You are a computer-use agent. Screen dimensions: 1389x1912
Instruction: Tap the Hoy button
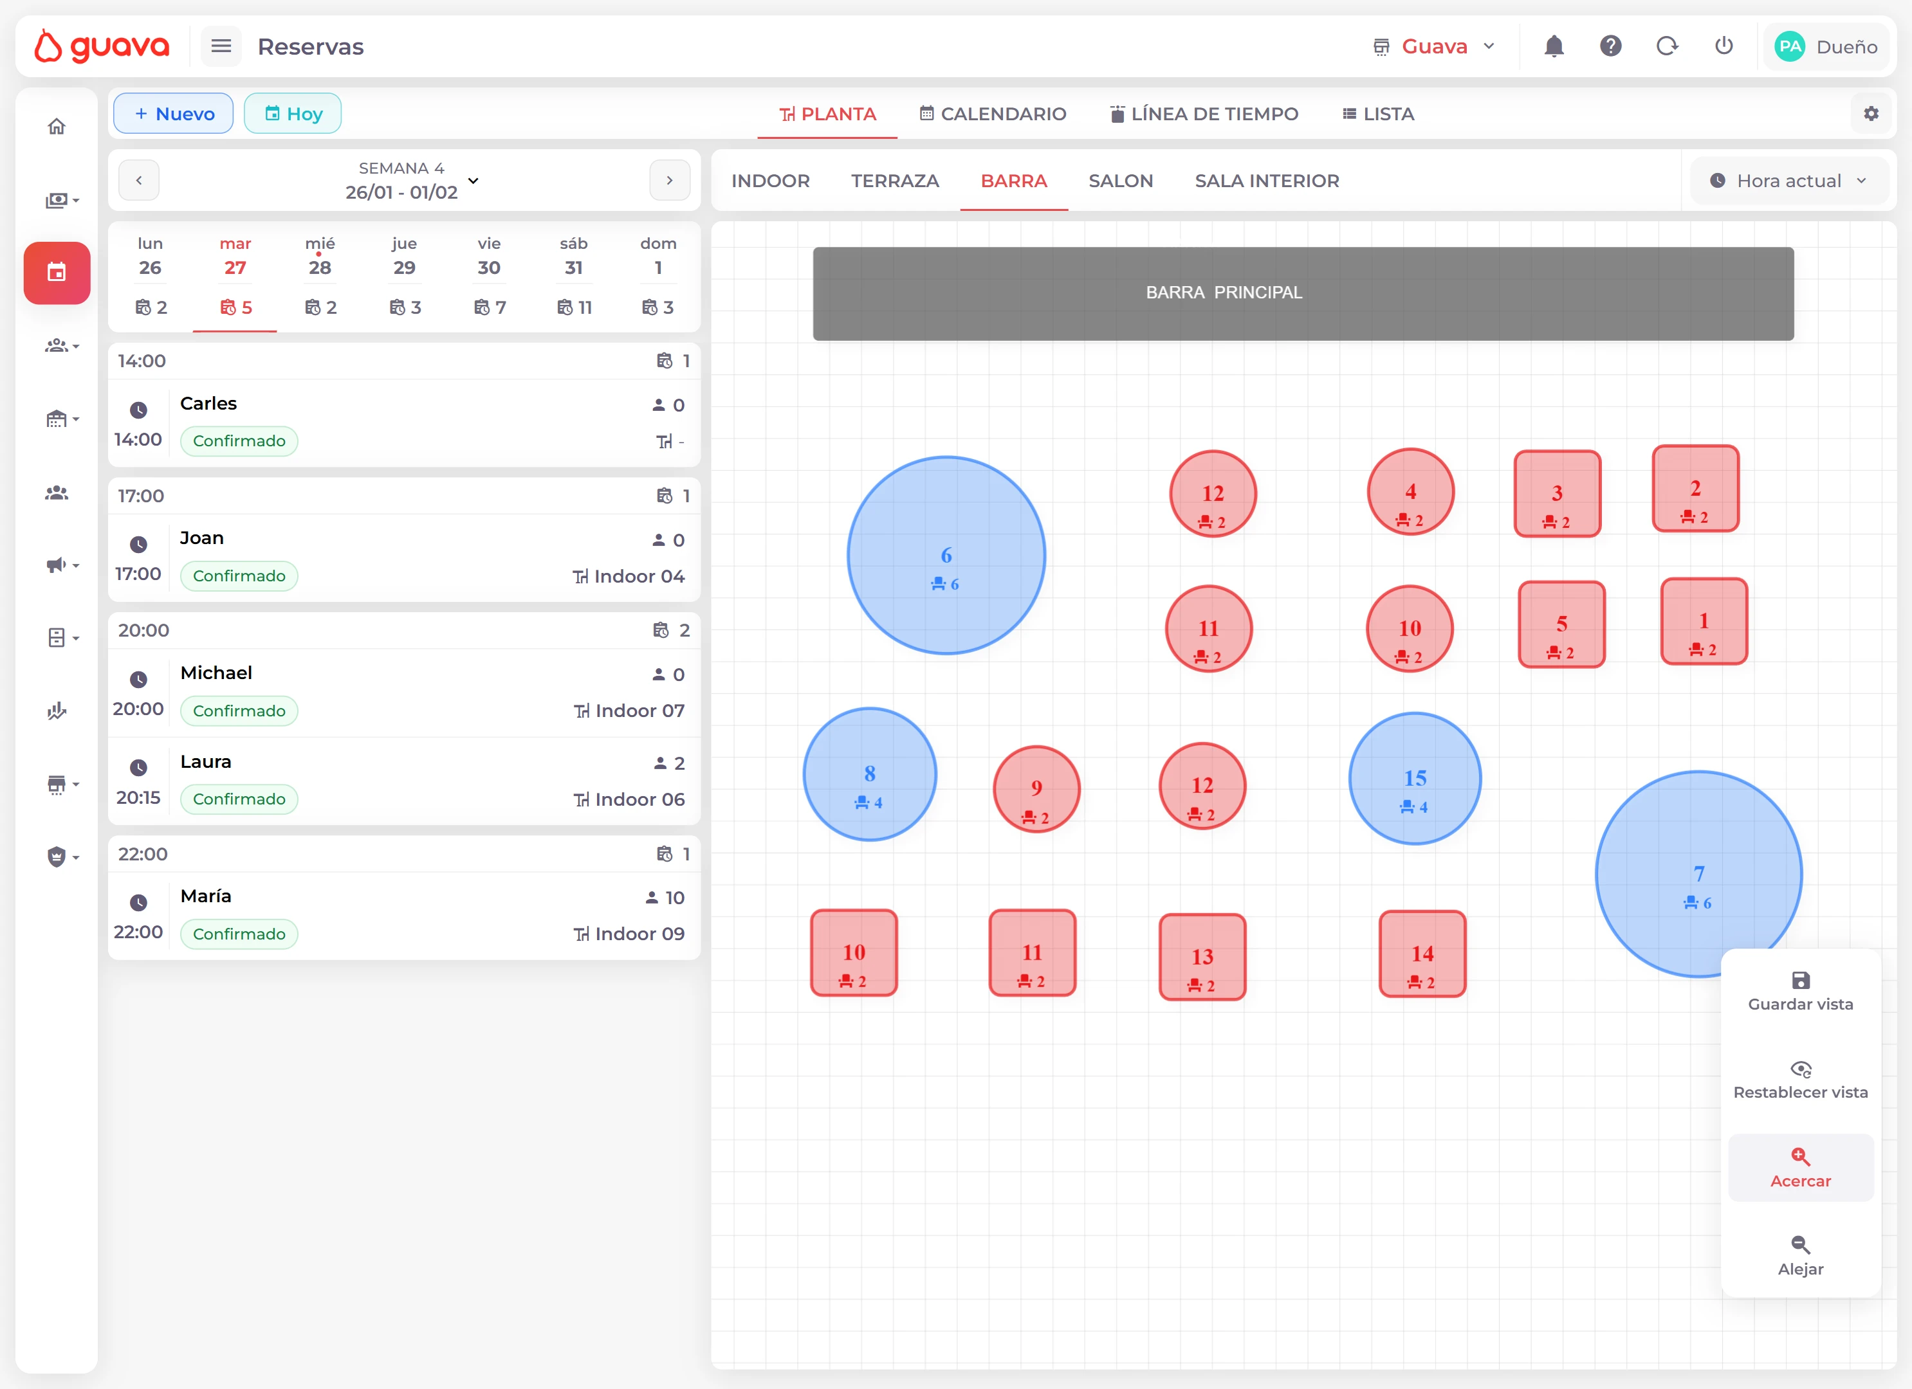293,114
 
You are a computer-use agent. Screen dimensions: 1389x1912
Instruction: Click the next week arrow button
669,180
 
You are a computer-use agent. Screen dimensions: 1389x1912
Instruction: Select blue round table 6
946,556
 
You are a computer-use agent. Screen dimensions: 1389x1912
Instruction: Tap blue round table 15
1415,779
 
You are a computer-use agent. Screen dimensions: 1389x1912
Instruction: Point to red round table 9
1036,789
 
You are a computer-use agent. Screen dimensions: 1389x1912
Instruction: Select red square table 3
1557,494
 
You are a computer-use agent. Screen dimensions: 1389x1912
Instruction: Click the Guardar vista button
1800,991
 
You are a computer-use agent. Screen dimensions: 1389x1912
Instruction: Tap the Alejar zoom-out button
1800,1255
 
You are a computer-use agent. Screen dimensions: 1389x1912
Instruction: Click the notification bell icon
1554,46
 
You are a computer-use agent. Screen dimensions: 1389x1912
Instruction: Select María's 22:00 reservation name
206,896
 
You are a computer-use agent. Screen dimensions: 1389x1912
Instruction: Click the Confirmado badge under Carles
239,440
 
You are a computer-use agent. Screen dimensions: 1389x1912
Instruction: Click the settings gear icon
1871,114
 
